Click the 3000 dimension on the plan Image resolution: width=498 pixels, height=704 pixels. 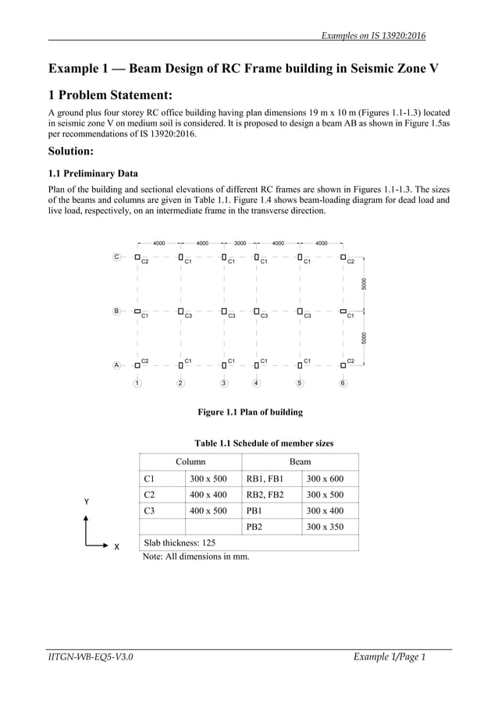coord(240,243)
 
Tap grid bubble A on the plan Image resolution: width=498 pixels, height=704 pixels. coord(116,364)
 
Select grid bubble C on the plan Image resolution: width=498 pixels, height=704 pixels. coord(116,257)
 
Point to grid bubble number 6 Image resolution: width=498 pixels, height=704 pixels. coord(343,383)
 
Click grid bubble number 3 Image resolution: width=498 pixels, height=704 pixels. coord(224,383)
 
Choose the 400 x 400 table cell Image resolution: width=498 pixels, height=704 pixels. coord(208,495)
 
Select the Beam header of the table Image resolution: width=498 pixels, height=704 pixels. coord(300,462)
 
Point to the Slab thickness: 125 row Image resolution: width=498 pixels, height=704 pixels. coord(180,542)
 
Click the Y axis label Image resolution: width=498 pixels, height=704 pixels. coord(87,501)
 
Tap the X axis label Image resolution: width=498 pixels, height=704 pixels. coord(116,547)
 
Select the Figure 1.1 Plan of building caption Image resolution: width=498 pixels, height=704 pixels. coord(250,412)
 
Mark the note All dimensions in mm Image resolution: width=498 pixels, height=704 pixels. coord(196,556)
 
